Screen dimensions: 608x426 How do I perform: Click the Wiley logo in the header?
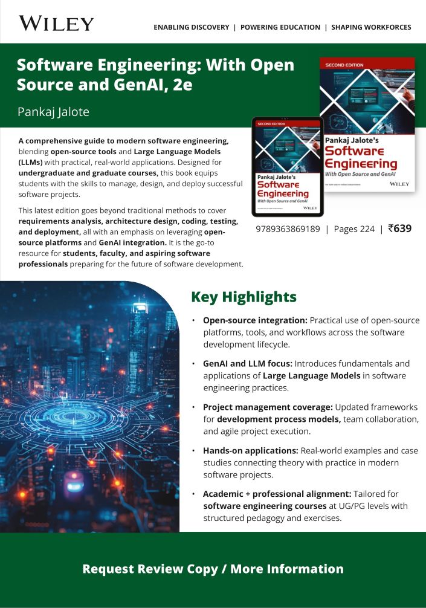pos(56,24)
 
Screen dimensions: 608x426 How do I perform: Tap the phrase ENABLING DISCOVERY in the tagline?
pos(191,27)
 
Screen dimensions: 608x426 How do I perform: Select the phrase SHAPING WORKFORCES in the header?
pos(371,27)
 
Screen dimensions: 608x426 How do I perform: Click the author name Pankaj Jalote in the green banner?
pos(53,112)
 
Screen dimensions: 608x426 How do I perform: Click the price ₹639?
pos(399,228)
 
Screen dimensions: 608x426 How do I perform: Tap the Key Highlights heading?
pos(244,297)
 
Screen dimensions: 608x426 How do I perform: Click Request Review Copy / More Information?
pos(213,569)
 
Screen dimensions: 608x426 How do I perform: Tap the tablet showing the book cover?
pos(288,167)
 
